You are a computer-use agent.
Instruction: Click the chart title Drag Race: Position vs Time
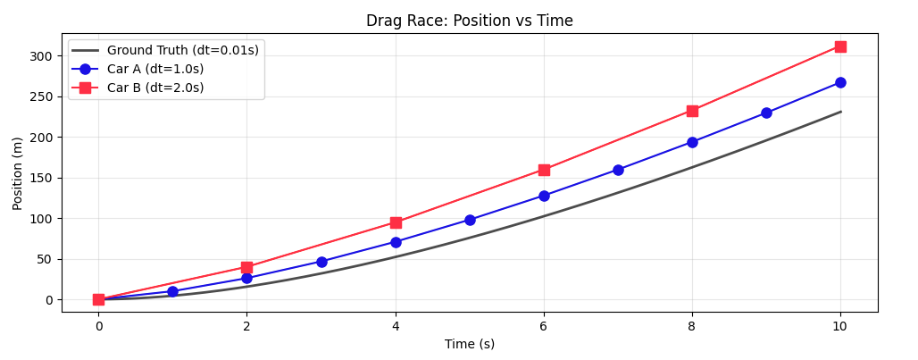(470, 21)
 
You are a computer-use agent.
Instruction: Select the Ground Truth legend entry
(182, 50)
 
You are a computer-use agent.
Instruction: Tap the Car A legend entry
(162, 69)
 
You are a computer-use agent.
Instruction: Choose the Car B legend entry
(162, 88)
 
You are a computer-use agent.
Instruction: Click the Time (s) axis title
(470, 344)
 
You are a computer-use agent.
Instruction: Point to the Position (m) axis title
(18, 173)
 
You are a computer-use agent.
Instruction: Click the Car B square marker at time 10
(840, 46)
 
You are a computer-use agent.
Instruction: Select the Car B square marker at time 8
(692, 111)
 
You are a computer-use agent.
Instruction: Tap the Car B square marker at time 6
(544, 170)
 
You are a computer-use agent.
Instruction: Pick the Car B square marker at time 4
(396, 222)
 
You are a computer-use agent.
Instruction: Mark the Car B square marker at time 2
(246, 267)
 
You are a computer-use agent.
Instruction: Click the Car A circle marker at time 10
(840, 82)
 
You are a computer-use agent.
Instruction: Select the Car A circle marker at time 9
(766, 113)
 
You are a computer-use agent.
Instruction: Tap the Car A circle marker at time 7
(618, 170)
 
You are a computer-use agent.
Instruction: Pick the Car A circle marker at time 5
(470, 220)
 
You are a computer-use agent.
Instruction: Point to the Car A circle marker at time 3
(321, 262)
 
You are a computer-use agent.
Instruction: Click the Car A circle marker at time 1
(172, 291)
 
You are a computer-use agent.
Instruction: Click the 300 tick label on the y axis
(39, 56)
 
